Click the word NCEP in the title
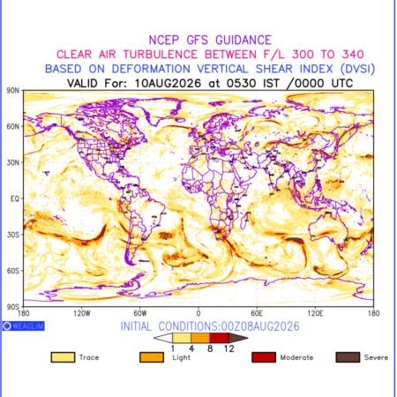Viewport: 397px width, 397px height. (164, 41)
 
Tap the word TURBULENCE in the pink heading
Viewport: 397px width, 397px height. (161, 55)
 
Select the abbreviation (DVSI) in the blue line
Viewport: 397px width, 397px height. (357, 69)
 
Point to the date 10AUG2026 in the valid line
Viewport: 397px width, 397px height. (168, 84)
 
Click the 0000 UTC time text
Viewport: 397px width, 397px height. (319, 84)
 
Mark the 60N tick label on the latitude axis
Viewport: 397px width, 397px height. (13, 127)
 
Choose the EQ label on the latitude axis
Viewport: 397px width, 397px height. (15, 199)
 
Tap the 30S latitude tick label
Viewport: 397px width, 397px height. (13, 235)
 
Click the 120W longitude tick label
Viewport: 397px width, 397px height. (82, 313)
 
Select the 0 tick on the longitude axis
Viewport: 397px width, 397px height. (198, 313)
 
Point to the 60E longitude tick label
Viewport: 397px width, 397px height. (257, 313)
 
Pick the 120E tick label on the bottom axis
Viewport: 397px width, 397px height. (315, 313)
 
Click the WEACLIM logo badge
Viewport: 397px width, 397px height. (24, 326)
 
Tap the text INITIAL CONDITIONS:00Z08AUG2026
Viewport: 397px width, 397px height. (210, 326)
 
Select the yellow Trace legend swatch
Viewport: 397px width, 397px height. (63, 357)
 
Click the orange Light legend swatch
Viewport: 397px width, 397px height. (152, 357)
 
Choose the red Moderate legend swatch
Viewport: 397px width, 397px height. (264, 357)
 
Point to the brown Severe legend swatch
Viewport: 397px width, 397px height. (348, 357)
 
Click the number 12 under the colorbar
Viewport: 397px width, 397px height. (228, 348)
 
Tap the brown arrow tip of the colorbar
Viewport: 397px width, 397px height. (247, 338)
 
